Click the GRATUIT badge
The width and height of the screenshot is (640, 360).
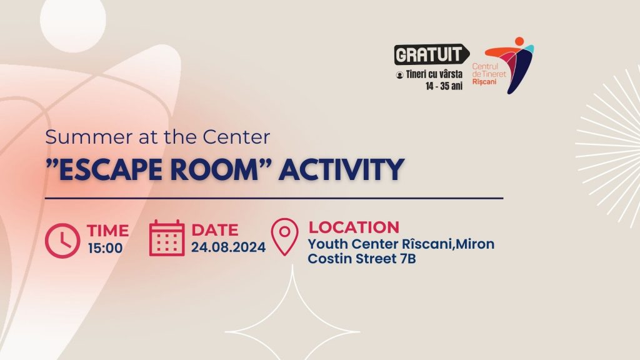click(x=431, y=54)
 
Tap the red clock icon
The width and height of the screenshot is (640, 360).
click(x=62, y=241)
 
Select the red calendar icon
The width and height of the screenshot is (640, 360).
click(x=166, y=238)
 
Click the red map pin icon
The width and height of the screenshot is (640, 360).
click(x=284, y=237)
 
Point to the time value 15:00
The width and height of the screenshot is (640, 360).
click(x=105, y=247)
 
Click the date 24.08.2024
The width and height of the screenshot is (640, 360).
click(x=229, y=247)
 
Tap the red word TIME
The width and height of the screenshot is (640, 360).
click(x=107, y=230)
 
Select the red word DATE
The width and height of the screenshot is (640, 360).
click(x=215, y=230)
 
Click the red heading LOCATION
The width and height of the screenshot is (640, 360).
click(x=354, y=227)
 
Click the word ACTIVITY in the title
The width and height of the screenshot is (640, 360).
click(x=342, y=169)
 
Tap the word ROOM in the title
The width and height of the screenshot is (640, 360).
click(x=212, y=169)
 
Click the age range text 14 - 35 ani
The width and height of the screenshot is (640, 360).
click(x=444, y=86)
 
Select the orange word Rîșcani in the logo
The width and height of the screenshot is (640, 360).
click(x=484, y=82)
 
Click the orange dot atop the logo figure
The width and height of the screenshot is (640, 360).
click(x=519, y=41)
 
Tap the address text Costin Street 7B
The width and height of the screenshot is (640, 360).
click(x=362, y=258)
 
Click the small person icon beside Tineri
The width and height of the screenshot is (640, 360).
click(x=399, y=75)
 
